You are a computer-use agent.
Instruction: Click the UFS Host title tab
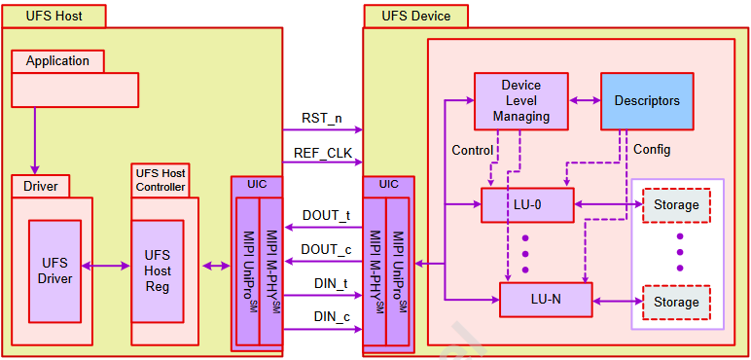pos(54,16)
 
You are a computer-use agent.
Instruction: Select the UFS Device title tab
pos(415,16)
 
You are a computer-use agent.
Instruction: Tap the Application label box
pos(57,61)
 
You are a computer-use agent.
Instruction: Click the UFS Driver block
pos(54,270)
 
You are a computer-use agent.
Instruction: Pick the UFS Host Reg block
pos(157,270)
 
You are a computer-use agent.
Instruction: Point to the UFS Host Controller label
pos(160,179)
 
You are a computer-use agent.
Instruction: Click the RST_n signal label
pos(321,119)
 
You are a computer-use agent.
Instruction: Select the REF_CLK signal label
pos(322,153)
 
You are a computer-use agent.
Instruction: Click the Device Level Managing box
pos(520,101)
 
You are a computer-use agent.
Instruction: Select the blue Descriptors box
pos(647,101)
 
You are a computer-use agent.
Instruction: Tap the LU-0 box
pos(527,205)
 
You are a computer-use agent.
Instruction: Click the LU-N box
pos(545,299)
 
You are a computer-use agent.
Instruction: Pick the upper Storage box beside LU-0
pos(676,205)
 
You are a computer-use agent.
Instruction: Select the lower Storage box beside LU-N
pos(676,303)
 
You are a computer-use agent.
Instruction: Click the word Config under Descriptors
pos(652,150)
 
